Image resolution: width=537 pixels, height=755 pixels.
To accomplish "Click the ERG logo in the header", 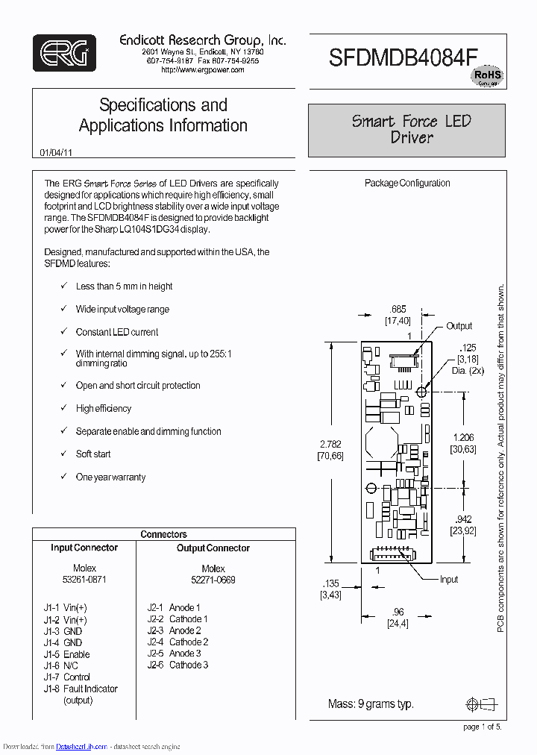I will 64,53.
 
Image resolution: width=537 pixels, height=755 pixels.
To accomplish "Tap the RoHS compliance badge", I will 489,76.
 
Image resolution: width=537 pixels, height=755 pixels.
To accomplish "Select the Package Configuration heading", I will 407,183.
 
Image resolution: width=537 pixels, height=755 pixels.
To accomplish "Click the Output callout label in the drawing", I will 459,326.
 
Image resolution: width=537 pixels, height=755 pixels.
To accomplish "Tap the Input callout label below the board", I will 449,579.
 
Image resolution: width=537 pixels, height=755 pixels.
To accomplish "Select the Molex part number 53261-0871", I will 84,580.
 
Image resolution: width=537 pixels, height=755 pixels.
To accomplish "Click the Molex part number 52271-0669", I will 213,580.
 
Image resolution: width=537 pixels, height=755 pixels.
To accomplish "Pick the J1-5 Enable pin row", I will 66,654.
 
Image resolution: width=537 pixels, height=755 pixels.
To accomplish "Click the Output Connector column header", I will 213,548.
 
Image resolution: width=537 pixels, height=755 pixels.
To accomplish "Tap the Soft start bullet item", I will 93,454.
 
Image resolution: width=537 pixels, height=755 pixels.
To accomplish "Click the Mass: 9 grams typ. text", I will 371,704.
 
